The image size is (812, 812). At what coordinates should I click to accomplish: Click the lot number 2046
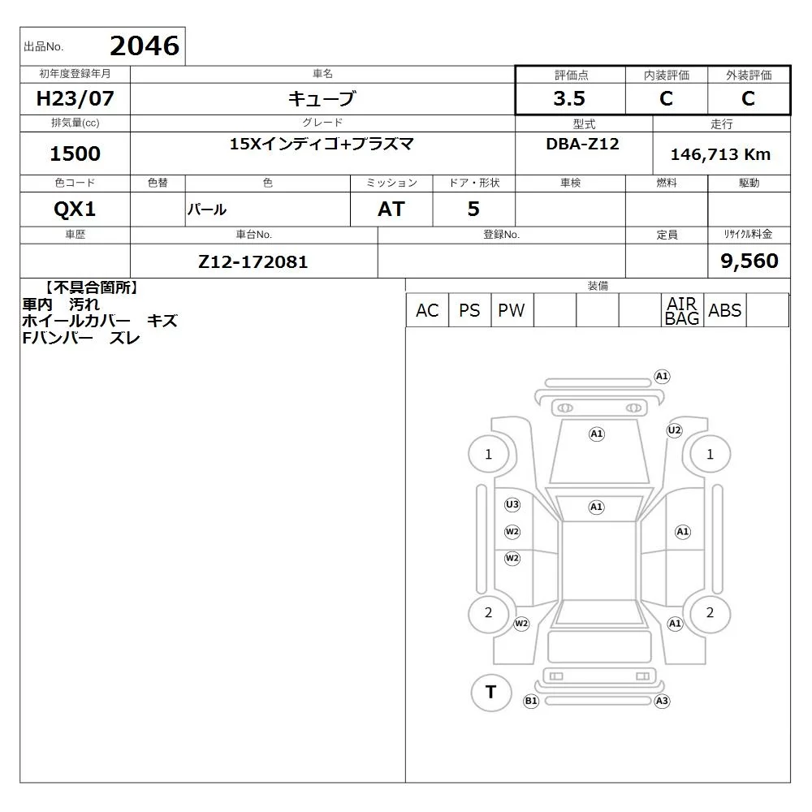coord(145,45)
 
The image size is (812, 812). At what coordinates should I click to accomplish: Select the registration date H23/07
coord(75,98)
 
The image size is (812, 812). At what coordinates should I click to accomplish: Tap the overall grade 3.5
coord(569,98)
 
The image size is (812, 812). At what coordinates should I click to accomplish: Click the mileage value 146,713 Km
coord(720,154)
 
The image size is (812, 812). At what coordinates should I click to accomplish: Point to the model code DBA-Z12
coord(582,144)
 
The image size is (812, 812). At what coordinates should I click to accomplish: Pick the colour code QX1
coord(75,209)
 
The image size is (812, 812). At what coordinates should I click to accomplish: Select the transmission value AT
coord(391,209)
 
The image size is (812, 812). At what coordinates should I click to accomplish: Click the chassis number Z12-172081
coord(253,261)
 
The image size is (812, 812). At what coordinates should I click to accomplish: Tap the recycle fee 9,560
coord(749,261)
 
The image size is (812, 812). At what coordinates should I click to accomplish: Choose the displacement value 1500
coord(75,153)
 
